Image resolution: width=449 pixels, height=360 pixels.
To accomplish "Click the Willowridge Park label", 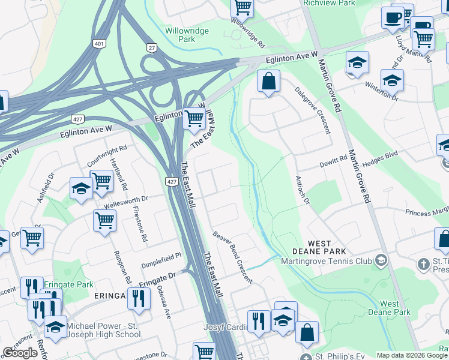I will tap(181, 34).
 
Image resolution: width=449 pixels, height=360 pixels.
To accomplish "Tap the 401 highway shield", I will tap(100, 44).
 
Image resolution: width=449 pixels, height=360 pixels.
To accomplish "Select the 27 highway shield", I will tap(151, 47).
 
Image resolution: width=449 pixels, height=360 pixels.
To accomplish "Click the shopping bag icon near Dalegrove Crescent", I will tap(268, 81).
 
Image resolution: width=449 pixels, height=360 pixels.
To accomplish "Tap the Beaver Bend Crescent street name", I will tap(232, 258).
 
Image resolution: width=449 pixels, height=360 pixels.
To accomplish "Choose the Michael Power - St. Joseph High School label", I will tap(103, 330).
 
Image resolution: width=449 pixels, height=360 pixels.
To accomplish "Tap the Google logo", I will tap(20, 353).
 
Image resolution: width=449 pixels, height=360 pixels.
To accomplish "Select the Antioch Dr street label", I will tap(303, 190).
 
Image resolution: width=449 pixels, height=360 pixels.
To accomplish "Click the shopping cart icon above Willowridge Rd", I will tap(242, 8).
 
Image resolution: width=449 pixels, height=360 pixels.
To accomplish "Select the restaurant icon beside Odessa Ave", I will tap(139, 298).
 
